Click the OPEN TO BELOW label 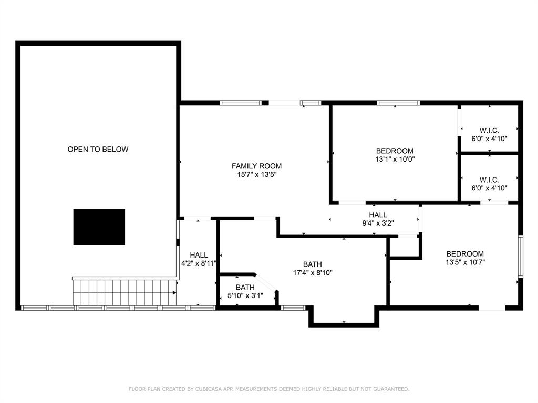[98, 150]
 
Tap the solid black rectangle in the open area [99, 227]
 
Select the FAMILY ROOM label [256, 166]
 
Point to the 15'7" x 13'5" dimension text [256, 175]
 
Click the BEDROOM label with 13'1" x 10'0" [395, 151]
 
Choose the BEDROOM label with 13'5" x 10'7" [465, 253]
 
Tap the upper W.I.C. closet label [489, 130]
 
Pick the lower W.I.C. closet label [489, 179]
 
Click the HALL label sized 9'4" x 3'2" [378, 215]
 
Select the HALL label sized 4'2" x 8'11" [199, 255]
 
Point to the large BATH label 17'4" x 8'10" [312, 264]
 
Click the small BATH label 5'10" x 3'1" [245, 288]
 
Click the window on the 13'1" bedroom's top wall [398, 103]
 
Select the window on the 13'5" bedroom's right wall [520, 256]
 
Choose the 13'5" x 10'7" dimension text [465, 262]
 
